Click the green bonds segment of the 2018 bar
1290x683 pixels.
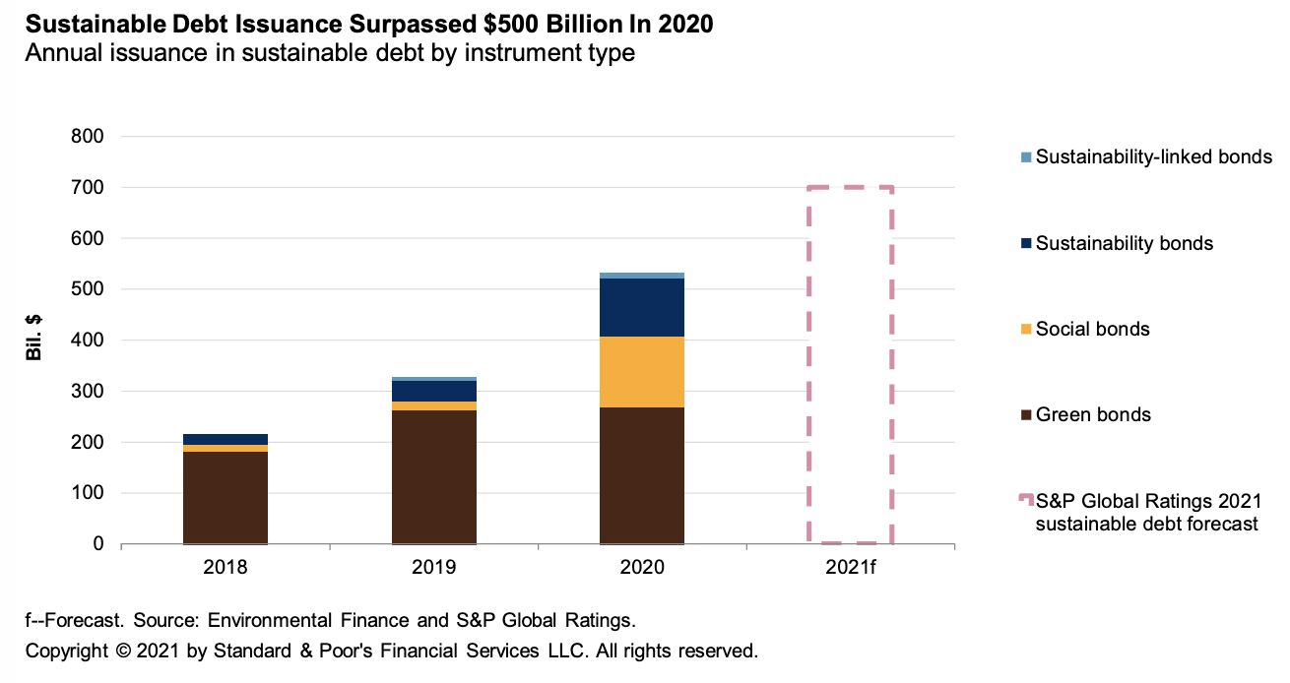pos(226,497)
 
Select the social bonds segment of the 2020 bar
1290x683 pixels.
pos(642,372)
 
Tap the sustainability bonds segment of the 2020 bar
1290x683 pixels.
pos(642,307)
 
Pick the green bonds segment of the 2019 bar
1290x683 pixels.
pos(434,476)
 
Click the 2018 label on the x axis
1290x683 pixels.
pos(226,568)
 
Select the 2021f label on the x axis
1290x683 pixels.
pos(850,568)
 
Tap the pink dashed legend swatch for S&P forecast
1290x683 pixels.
pos(1026,501)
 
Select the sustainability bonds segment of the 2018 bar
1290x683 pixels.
pos(226,439)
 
